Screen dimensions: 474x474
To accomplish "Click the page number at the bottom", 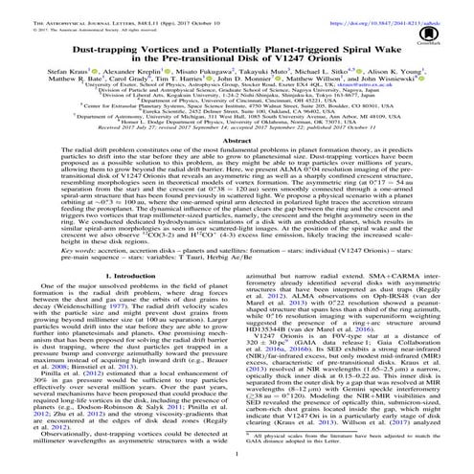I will click(237, 468).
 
